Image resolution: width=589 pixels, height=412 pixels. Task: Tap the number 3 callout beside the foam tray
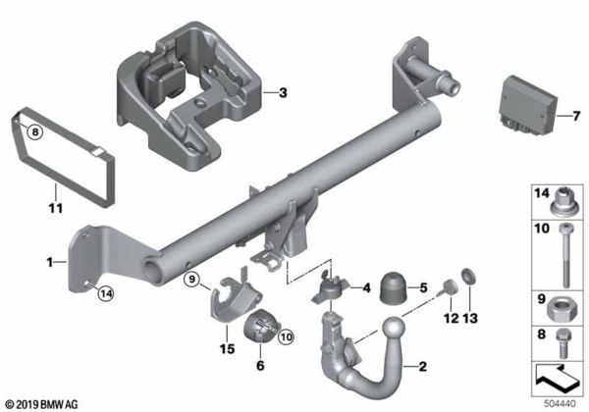click(x=283, y=94)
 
